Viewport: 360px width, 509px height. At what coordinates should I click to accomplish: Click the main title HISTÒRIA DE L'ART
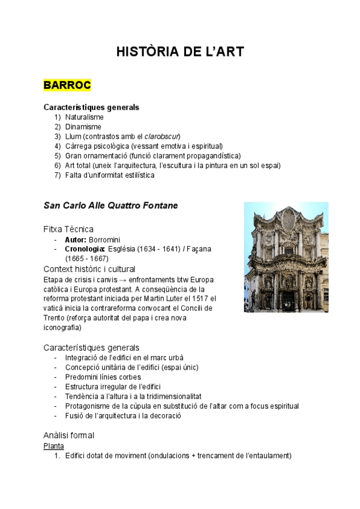[x=180, y=52]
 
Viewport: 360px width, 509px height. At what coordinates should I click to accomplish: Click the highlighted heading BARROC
[x=67, y=85]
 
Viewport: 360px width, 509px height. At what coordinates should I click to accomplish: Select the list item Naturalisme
[x=84, y=117]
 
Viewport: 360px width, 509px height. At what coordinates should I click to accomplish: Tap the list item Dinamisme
[x=83, y=127]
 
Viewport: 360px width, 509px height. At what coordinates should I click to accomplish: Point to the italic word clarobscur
[x=162, y=136]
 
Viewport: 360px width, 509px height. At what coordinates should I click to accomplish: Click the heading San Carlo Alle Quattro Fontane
[x=110, y=205]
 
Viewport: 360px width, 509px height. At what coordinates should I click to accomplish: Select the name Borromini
[x=104, y=239]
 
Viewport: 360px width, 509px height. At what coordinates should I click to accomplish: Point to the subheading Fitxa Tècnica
[x=68, y=229]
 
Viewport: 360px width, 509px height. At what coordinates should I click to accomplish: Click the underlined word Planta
[x=54, y=446]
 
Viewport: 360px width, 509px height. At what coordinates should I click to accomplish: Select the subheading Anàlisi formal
[x=68, y=435]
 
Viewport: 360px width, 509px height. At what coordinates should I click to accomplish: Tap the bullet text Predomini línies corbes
[x=104, y=377]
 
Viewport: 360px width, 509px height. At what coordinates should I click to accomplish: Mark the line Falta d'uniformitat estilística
[x=110, y=175]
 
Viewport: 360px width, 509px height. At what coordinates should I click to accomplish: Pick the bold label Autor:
[x=76, y=239]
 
